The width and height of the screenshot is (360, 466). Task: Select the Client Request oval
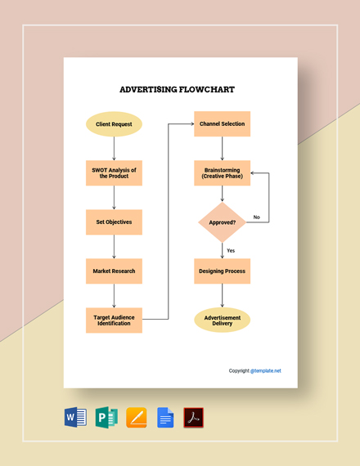114,124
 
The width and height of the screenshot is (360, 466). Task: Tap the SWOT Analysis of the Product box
114,173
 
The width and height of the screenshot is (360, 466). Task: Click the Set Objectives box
114,222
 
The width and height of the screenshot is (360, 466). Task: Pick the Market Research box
114,271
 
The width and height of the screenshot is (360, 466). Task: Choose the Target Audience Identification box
114,320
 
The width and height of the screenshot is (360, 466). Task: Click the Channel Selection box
222,124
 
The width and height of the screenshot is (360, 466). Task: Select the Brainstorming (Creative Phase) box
222,173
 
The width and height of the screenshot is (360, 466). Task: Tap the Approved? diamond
222,222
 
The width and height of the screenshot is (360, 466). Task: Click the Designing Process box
222,271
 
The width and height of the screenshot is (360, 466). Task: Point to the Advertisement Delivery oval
222,320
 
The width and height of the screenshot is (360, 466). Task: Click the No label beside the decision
256,217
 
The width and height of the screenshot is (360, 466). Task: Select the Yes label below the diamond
231,250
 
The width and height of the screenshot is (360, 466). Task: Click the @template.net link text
266,370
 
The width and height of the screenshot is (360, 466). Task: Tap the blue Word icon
75,418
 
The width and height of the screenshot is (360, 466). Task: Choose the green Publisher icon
106,418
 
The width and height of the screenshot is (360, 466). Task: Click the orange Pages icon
137,418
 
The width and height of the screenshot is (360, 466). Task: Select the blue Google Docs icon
165,418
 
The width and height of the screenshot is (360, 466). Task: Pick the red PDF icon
194,418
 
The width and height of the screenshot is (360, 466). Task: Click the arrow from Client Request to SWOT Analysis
114,148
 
